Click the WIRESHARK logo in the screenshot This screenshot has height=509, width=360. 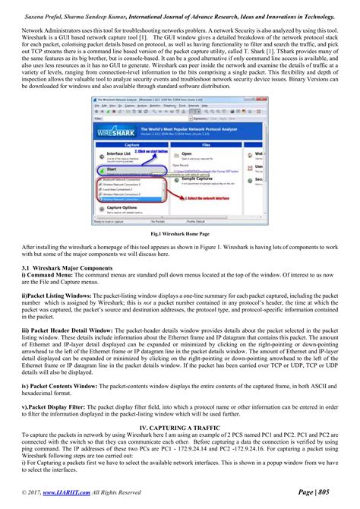pyautogui.click(x=115, y=132)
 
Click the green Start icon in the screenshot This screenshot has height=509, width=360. pyautogui.click(x=102, y=171)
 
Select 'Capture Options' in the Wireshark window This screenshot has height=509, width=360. pyautogui.click(x=122, y=207)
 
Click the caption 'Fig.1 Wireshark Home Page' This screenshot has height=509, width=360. pyautogui.click(x=180, y=235)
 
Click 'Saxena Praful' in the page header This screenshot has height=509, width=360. pyautogui.click(x=47, y=14)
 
